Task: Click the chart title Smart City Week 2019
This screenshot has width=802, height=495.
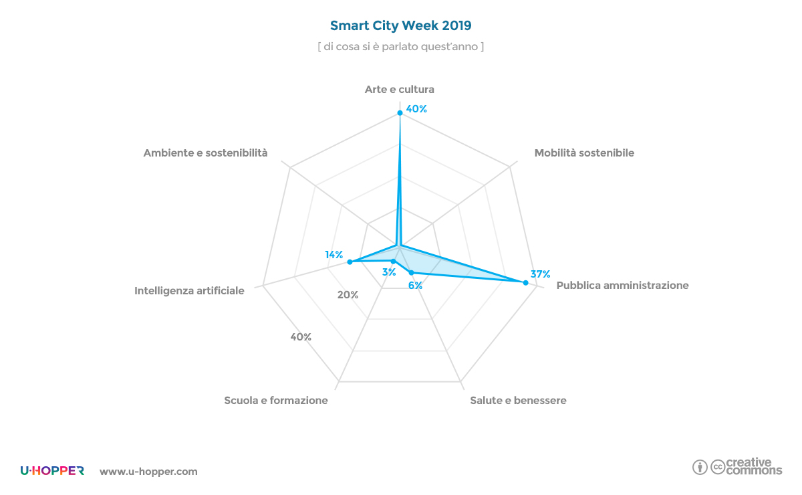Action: tap(400, 26)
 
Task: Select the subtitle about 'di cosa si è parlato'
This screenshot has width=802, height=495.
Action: tap(400, 47)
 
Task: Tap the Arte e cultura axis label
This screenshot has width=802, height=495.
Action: tap(400, 89)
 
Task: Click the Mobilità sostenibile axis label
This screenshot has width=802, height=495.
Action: tap(584, 153)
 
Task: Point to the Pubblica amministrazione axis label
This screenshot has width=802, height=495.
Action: tap(622, 286)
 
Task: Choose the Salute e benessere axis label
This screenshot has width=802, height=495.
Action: tap(518, 401)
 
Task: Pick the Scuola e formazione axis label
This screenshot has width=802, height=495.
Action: tap(276, 401)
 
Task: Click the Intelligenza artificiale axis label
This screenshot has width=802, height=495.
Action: tap(189, 291)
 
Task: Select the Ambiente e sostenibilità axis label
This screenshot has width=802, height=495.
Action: tap(205, 153)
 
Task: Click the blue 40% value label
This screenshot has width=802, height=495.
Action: tap(416, 109)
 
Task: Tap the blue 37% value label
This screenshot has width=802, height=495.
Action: tap(541, 274)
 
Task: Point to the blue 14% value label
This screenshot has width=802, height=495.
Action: tap(334, 255)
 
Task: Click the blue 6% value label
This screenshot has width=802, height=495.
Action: tap(415, 286)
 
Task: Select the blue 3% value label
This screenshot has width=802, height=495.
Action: tap(388, 272)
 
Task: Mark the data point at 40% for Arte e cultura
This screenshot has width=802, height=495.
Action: tap(400, 112)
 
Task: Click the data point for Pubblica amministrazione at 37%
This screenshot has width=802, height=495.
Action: tap(525, 283)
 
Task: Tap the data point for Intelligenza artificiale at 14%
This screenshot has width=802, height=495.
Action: tap(350, 262)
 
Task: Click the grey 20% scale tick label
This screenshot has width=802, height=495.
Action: tap(348, 295)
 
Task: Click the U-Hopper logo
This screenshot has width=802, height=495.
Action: tap(52, 471)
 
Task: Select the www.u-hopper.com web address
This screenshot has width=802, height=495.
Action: tap(148, 472)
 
